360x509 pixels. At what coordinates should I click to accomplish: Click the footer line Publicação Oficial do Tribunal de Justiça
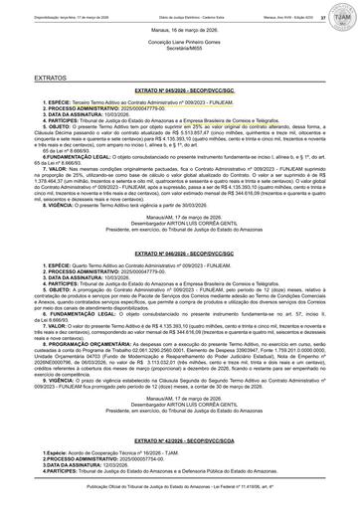(x=179, y=502)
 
